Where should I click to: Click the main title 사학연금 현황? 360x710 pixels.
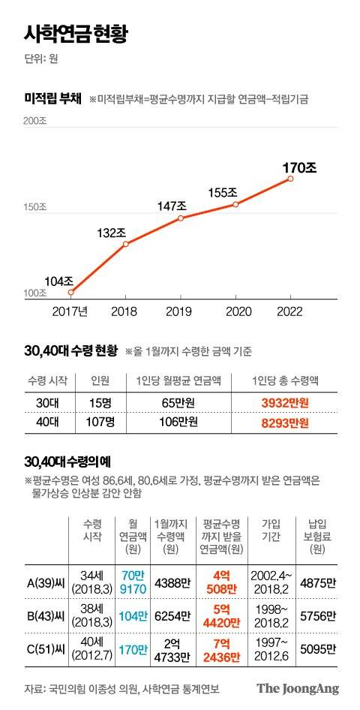(x=77, y=34)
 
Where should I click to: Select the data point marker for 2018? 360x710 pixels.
(x=126, y=244)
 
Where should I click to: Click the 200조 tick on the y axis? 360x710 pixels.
(x=35, y=122)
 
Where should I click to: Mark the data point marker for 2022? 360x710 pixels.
(x=290, y=179)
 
